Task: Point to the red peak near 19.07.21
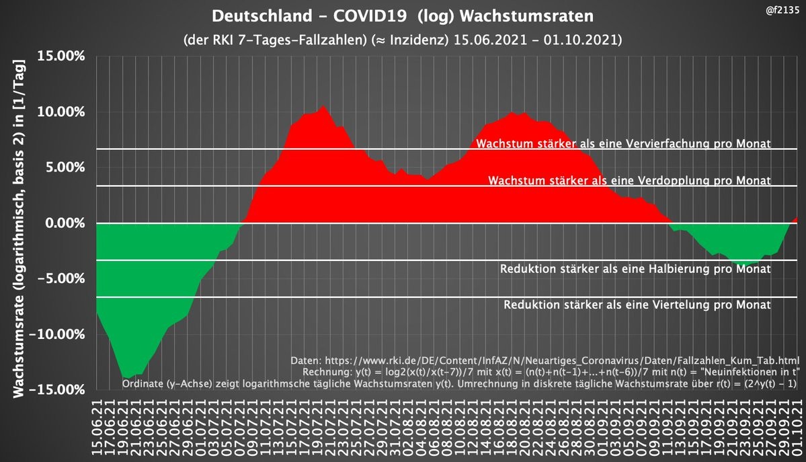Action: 323,106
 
